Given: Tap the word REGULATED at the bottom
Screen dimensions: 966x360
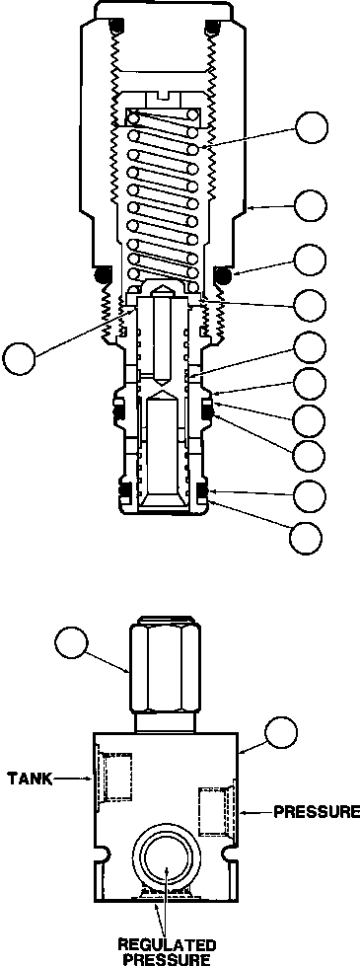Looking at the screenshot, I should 168,942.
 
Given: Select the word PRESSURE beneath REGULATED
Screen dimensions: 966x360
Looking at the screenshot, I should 168,958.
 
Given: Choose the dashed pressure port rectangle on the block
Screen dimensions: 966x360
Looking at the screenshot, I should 216,812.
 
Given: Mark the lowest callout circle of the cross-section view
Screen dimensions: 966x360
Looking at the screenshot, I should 306,537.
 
